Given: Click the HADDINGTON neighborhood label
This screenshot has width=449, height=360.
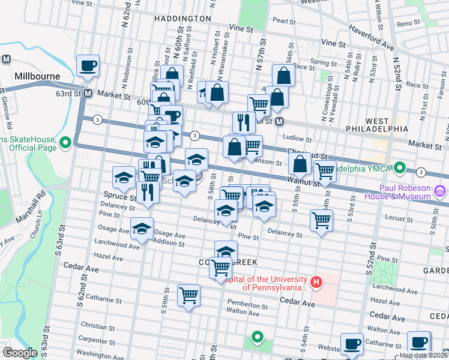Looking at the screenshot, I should (182, 19).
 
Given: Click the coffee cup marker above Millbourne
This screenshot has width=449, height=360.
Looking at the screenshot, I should (88, 66).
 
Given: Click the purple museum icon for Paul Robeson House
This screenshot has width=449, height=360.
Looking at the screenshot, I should (441, 191).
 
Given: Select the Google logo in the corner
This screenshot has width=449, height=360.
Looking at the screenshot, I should (20, 353).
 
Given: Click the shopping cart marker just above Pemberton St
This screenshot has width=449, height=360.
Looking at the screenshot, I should (189, 296).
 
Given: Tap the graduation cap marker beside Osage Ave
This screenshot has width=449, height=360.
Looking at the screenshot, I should (142, 230).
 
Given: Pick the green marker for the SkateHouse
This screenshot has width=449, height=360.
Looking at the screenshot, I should (65, 142).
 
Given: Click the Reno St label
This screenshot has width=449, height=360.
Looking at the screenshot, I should (408, 23).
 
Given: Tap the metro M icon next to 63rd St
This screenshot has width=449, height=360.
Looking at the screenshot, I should (87, 94).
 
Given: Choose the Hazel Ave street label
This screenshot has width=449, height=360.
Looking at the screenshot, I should (109, 258).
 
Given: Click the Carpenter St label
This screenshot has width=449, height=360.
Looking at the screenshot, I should (92, 338).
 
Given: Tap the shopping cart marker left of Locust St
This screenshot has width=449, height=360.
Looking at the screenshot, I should (322, 221).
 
